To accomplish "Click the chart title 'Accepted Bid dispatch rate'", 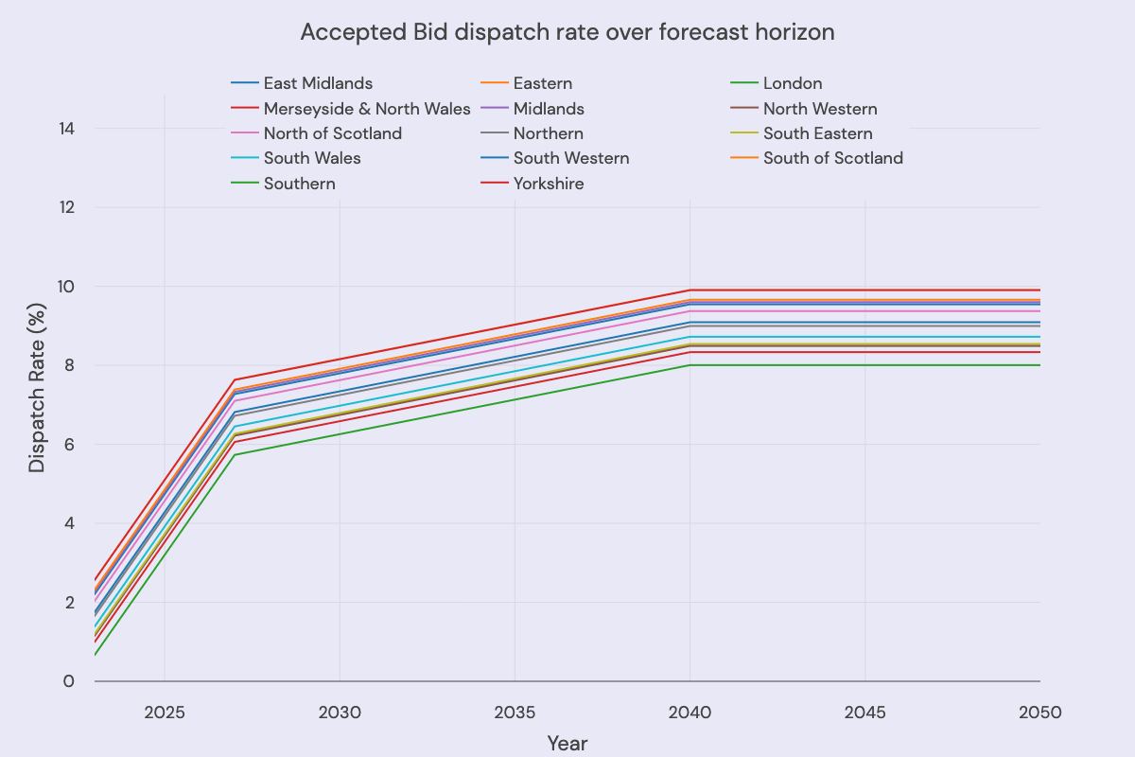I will click(x=567, y=32).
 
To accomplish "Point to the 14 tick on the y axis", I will click(x=68, y=128).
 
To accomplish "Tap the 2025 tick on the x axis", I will click(x=165, y=711).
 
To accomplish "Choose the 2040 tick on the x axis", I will click(x=690, y=711).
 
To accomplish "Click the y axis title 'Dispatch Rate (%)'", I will click(x=36, y=404).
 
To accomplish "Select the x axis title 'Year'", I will click(x=567, y=744).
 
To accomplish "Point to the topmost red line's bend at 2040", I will click(x=690, y=290).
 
